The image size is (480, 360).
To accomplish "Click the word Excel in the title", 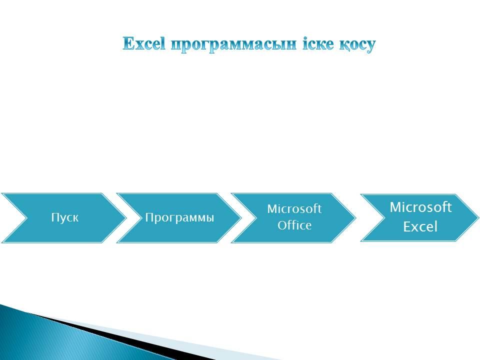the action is point(144,43).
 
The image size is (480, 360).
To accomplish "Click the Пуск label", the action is point(65,217).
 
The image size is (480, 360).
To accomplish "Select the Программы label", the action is point(179,217).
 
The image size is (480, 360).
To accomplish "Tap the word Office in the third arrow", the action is point(294,225).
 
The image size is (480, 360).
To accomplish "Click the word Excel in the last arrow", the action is point(420,227).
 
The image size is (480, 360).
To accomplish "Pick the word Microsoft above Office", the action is point(294,209).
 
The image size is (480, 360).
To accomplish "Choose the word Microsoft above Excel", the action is point(420,207).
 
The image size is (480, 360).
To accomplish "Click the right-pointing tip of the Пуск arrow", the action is point(126,218).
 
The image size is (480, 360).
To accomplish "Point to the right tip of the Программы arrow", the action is point(241,218).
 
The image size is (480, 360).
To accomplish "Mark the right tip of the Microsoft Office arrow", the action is point(355,218).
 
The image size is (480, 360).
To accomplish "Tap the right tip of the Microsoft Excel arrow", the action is point(478,217).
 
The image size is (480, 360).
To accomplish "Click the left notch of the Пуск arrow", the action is point(26,218).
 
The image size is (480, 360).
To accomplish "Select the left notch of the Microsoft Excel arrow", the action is point(384,217).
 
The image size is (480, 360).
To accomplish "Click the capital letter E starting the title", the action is point(128,43).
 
